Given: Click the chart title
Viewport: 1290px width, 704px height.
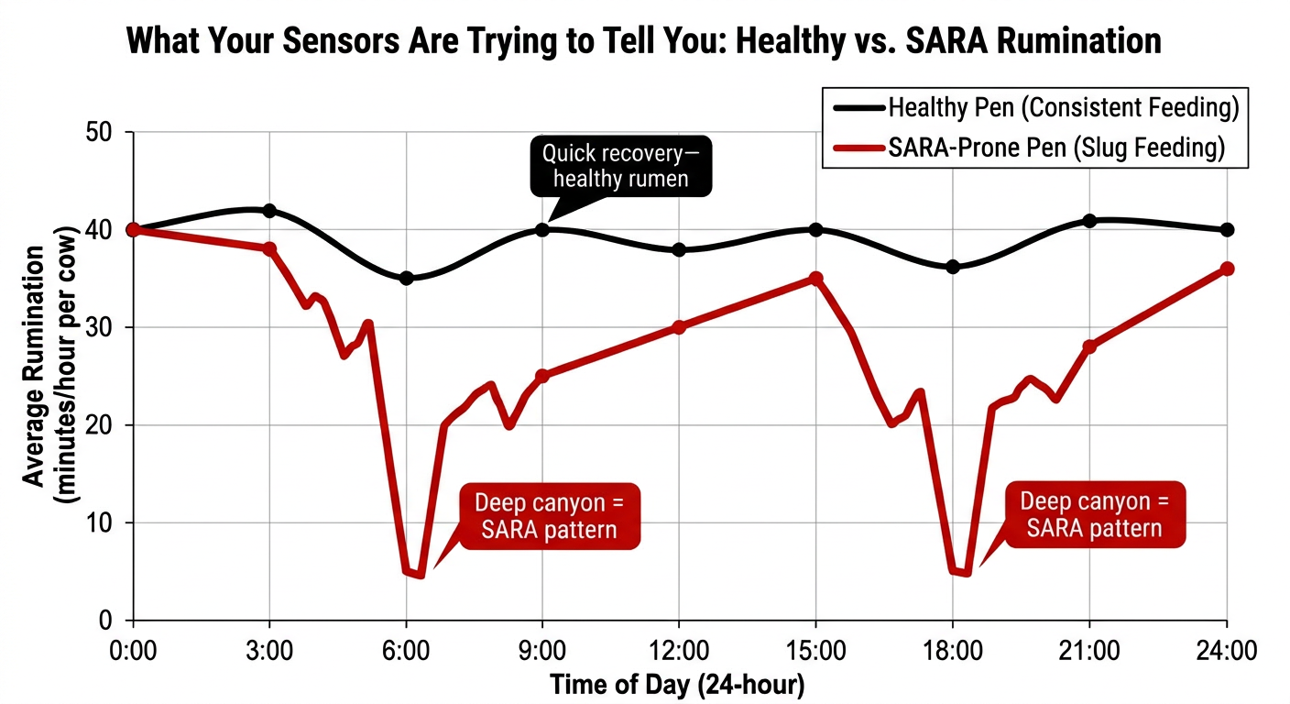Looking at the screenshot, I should pos(644,41).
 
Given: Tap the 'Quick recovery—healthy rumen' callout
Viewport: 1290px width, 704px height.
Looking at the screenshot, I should pos(621,166).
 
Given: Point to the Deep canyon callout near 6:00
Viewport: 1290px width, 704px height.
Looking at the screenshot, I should pos(551,516).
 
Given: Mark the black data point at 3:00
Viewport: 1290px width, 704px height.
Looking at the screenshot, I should pos(269,211).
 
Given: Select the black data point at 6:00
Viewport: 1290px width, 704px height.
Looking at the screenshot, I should pos(407,278).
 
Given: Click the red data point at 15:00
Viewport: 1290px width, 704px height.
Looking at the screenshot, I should pos(816,278).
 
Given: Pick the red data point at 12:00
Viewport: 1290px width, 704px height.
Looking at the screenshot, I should pos(679,327).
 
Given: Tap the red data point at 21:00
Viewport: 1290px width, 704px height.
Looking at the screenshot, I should pos(1089,346).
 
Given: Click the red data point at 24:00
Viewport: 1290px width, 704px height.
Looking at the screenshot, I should pos(1227,269).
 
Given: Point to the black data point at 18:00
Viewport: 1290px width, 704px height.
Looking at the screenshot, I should pos(953,267).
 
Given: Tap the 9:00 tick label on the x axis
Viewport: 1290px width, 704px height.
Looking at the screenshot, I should pos(542,651).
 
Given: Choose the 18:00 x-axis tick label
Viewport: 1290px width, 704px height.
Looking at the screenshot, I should pos(953,651).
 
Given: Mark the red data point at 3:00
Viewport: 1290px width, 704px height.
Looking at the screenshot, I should pos(269,249).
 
